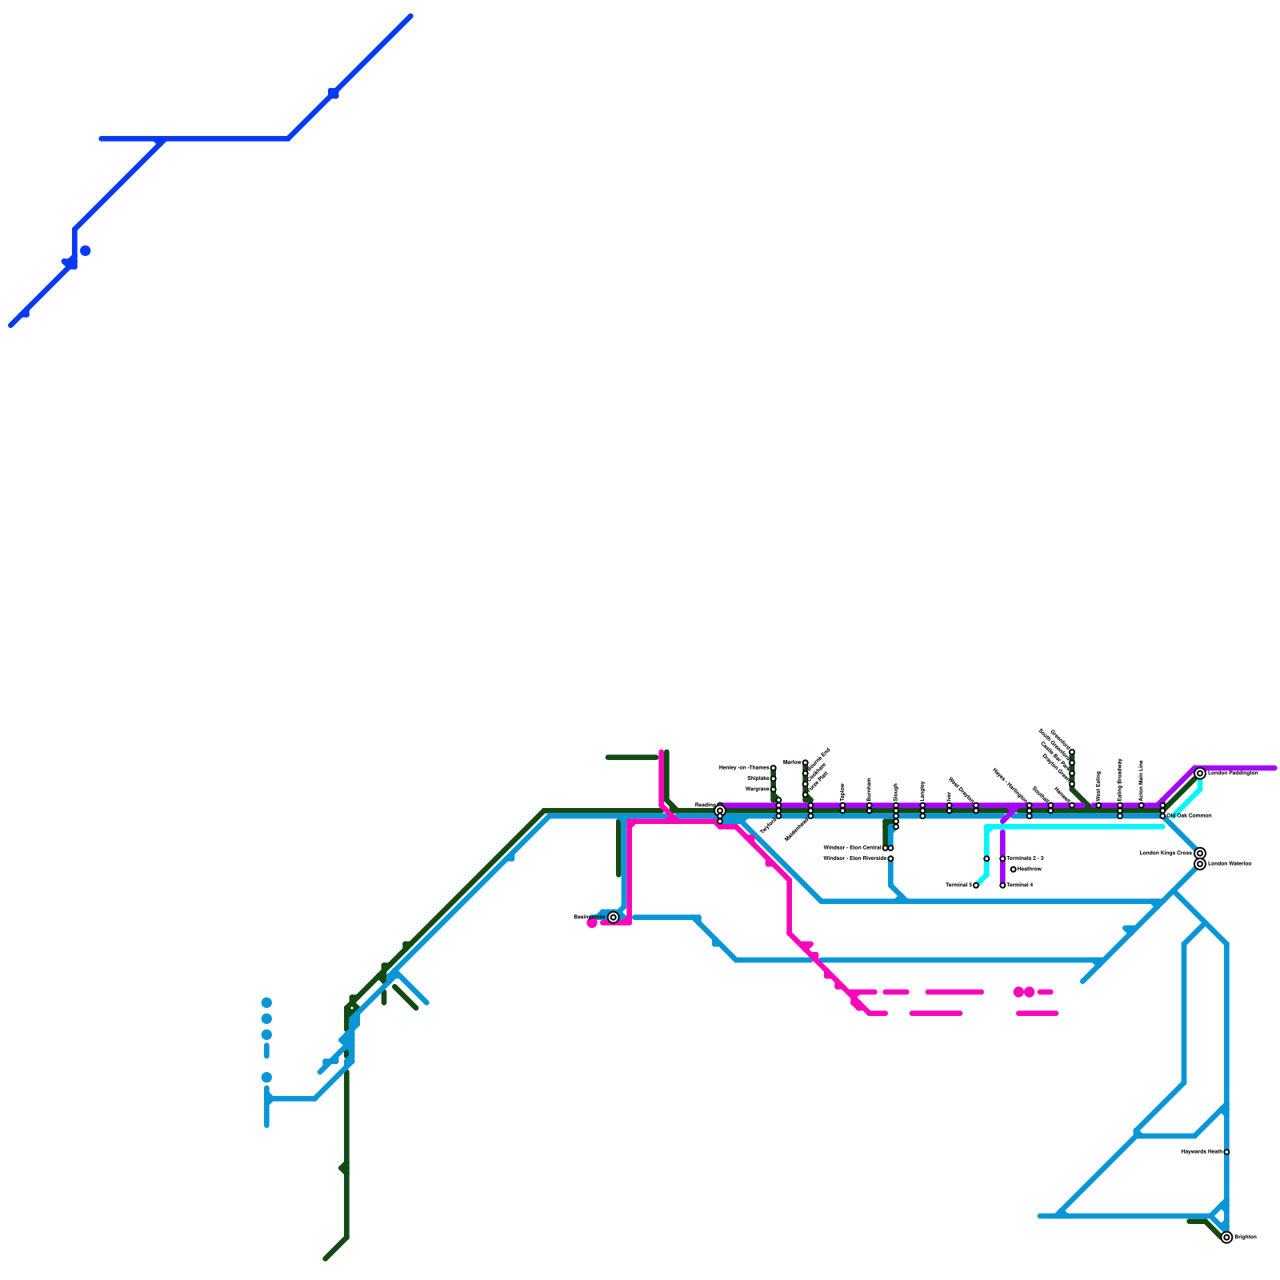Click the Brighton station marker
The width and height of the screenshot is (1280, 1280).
click(1226, 1238)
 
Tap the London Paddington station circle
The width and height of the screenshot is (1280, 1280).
click(1200, 774)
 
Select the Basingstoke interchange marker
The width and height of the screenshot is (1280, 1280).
click(614, 918)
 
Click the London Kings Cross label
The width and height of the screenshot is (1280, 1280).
click(1166, 854)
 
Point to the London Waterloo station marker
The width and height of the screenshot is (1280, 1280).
click(1200, 864)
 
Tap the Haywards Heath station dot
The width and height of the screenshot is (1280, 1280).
click(1226, 1152)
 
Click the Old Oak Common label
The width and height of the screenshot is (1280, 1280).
click(1190, 816)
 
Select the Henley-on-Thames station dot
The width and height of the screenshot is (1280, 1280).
click(774, 768)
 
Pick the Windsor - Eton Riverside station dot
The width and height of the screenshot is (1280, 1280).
click(890, 858)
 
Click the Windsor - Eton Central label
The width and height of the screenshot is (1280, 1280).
click(852, 848)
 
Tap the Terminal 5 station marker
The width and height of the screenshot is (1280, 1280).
click(976, 886)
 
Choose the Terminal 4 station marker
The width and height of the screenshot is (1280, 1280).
click(1002, 886)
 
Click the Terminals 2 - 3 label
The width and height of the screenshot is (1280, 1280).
click(1026, 858)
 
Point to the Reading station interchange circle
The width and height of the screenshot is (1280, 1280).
click(720, 810)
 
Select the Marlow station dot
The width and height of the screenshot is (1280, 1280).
click(806, 762)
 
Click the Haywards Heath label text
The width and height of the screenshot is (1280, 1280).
click(1202, 1152)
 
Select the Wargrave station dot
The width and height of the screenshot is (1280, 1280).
click(774, 790)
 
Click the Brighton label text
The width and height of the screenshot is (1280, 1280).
click(1245, 1238)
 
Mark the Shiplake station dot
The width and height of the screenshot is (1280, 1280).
click(774, 778)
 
